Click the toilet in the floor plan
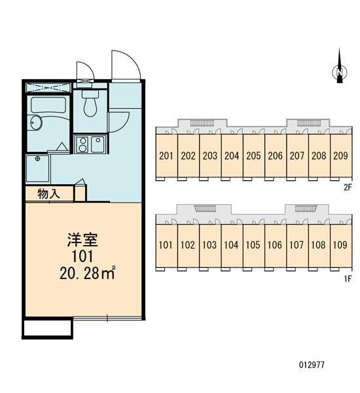[x=90, y=103]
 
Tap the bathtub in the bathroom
[x=48, y=105]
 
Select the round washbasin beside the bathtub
[x=35, y=122]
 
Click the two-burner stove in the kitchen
[x=82, y=144]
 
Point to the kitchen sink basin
[x=98, y=144]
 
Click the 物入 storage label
[x=49, y=194]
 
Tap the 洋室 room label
[x=82, y=240]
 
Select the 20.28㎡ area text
[x=88, y=272]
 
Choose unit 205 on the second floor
[x=253, y=156]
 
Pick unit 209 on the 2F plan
[x=341, y=156]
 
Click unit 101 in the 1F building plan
[x=166, y=245]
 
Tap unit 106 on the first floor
[x=275, y=245]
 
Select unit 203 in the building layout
[x=210, y=156]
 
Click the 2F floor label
[x=348, y=187]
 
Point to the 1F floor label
[x=348, y=278]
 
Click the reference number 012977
[x=312, y=365]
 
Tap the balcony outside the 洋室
[x=48, y=328]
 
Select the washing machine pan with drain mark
[x=38, y=168]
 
